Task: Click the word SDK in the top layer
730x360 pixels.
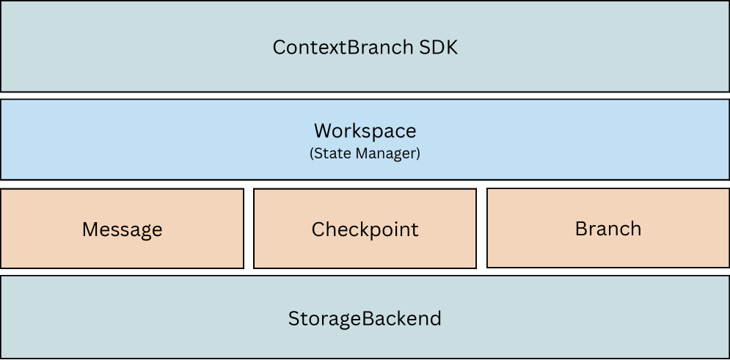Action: click(x=438, y=48)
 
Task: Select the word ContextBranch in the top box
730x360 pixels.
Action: click(x=343, y=48)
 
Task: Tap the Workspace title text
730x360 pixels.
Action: click(x=365, y=131)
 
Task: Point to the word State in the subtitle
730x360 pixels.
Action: click(x=329, y=154)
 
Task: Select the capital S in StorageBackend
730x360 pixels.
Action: click(x=293, y=319)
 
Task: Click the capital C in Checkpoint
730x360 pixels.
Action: click(x=319, y=229)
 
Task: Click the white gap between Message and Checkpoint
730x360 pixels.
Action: click(x=249, y=229)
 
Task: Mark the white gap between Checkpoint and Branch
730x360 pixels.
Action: click(x=481, y=229)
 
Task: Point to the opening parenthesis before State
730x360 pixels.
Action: click(x=312, y=154)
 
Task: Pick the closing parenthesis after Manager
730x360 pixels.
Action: click(x=418, y=154)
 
